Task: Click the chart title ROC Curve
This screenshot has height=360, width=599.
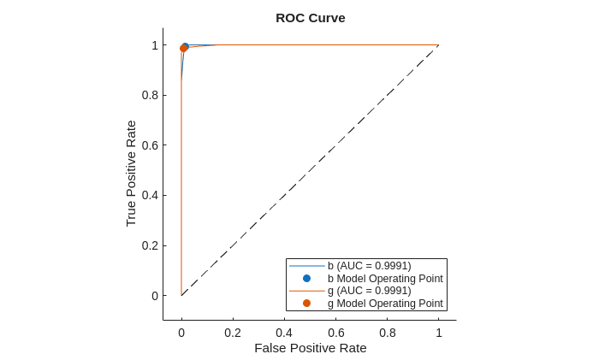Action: (310, 18)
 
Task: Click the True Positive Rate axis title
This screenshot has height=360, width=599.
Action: (131, 173)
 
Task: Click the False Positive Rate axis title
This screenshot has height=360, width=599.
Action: (310, 348)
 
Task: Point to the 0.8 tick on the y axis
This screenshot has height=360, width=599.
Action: (149, 95)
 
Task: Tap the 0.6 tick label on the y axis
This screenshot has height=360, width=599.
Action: (149, 145)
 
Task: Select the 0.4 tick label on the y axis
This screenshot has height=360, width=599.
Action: (149, 195)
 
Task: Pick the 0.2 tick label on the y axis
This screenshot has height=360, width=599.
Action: (149, 245)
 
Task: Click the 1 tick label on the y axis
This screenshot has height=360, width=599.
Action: (155, 45)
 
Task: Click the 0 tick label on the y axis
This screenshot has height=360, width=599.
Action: (155, 296)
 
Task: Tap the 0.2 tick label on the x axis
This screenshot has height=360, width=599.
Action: (233, 333)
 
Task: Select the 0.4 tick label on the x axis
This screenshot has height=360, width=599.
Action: (284, 333)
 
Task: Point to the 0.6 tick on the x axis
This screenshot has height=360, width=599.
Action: (336, 333)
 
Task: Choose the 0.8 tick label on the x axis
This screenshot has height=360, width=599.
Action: (388, 333)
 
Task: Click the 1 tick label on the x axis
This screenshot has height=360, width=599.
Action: (439, 333)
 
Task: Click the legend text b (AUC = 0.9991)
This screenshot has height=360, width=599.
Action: (370, 266)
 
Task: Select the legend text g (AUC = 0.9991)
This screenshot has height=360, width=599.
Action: (370, 291)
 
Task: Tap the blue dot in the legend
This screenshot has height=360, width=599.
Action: (306, 278)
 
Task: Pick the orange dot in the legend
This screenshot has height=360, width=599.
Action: (306, 304)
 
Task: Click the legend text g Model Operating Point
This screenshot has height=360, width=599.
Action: (385, 304)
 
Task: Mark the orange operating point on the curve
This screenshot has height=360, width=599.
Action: (183, 48)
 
